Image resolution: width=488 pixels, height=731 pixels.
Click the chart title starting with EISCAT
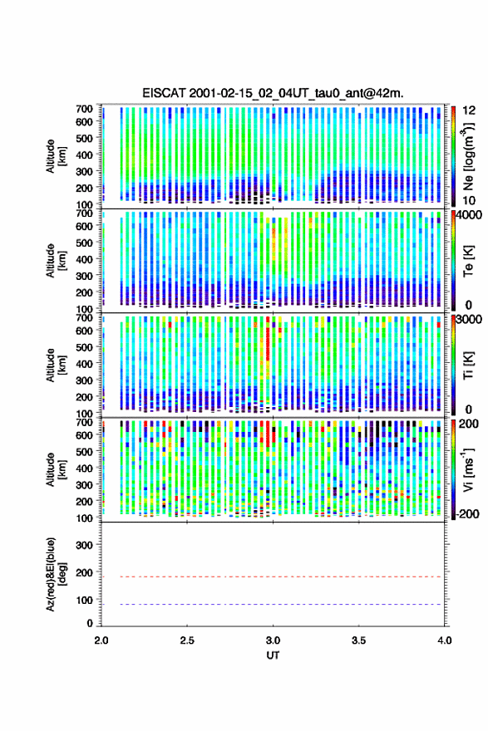273,93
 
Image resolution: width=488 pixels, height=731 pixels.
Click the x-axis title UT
273,655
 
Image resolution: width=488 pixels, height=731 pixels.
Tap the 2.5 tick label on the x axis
187,640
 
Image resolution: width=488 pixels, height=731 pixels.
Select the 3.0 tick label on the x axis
273,640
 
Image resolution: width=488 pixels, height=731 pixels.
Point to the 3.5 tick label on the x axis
359,640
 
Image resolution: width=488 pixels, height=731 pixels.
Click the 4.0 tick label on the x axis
445,640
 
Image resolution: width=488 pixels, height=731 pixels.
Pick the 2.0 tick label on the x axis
101,640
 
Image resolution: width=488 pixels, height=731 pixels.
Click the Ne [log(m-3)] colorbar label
468,156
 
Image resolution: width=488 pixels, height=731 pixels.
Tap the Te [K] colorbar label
468,261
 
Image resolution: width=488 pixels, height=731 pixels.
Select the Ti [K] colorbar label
468,365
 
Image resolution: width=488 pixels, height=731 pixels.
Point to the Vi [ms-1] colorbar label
468,469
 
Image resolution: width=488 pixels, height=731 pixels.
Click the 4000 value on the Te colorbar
470,215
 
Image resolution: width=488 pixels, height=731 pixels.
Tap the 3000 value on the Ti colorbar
470,319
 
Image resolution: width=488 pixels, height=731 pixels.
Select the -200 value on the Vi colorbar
466,513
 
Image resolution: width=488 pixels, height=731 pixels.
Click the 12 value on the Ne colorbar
470,110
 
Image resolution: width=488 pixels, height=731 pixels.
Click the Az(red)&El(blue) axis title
56,574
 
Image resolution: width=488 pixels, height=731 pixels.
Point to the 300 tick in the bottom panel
84,545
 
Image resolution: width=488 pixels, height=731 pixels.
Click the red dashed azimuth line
272,576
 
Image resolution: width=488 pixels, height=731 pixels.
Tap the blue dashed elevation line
272,604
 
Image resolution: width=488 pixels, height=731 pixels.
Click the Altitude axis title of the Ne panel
56,156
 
